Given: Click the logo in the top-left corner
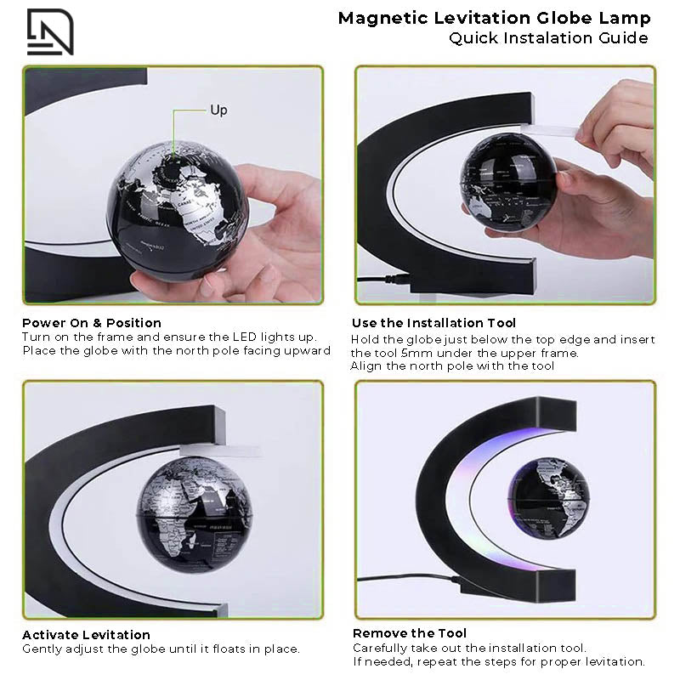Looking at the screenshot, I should click(50, 31).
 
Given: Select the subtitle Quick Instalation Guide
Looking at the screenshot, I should click(548, 38).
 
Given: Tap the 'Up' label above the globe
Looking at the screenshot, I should click(218, 110).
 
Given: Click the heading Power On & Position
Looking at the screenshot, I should click(92, 323).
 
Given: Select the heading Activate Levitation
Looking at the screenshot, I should click(86, 635).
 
